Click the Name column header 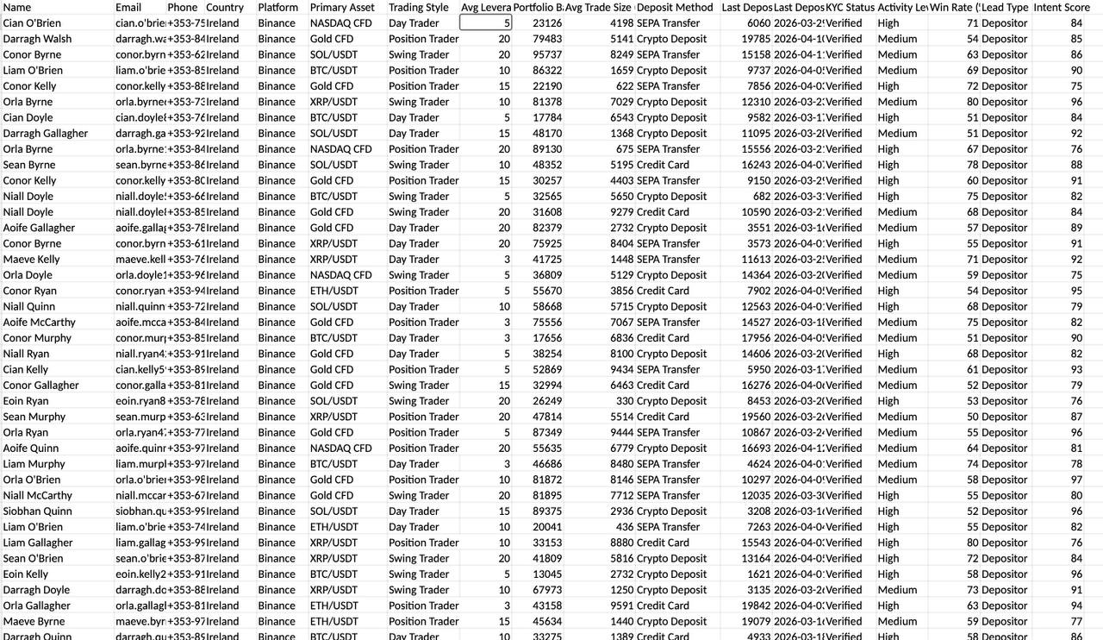coord(17,7)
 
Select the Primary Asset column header coord(342,7)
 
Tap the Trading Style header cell coord(419,7)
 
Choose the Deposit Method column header coord(675,7)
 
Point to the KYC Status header coord(849,7)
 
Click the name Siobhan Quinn coord(37,511)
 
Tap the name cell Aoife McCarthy coord(39,322)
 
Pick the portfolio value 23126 coord(547,23)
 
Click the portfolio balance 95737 coord(547,54)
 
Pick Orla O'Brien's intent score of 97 coord(1076,480)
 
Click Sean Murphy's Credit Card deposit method coord(663,417)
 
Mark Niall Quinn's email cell coord(140,306)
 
